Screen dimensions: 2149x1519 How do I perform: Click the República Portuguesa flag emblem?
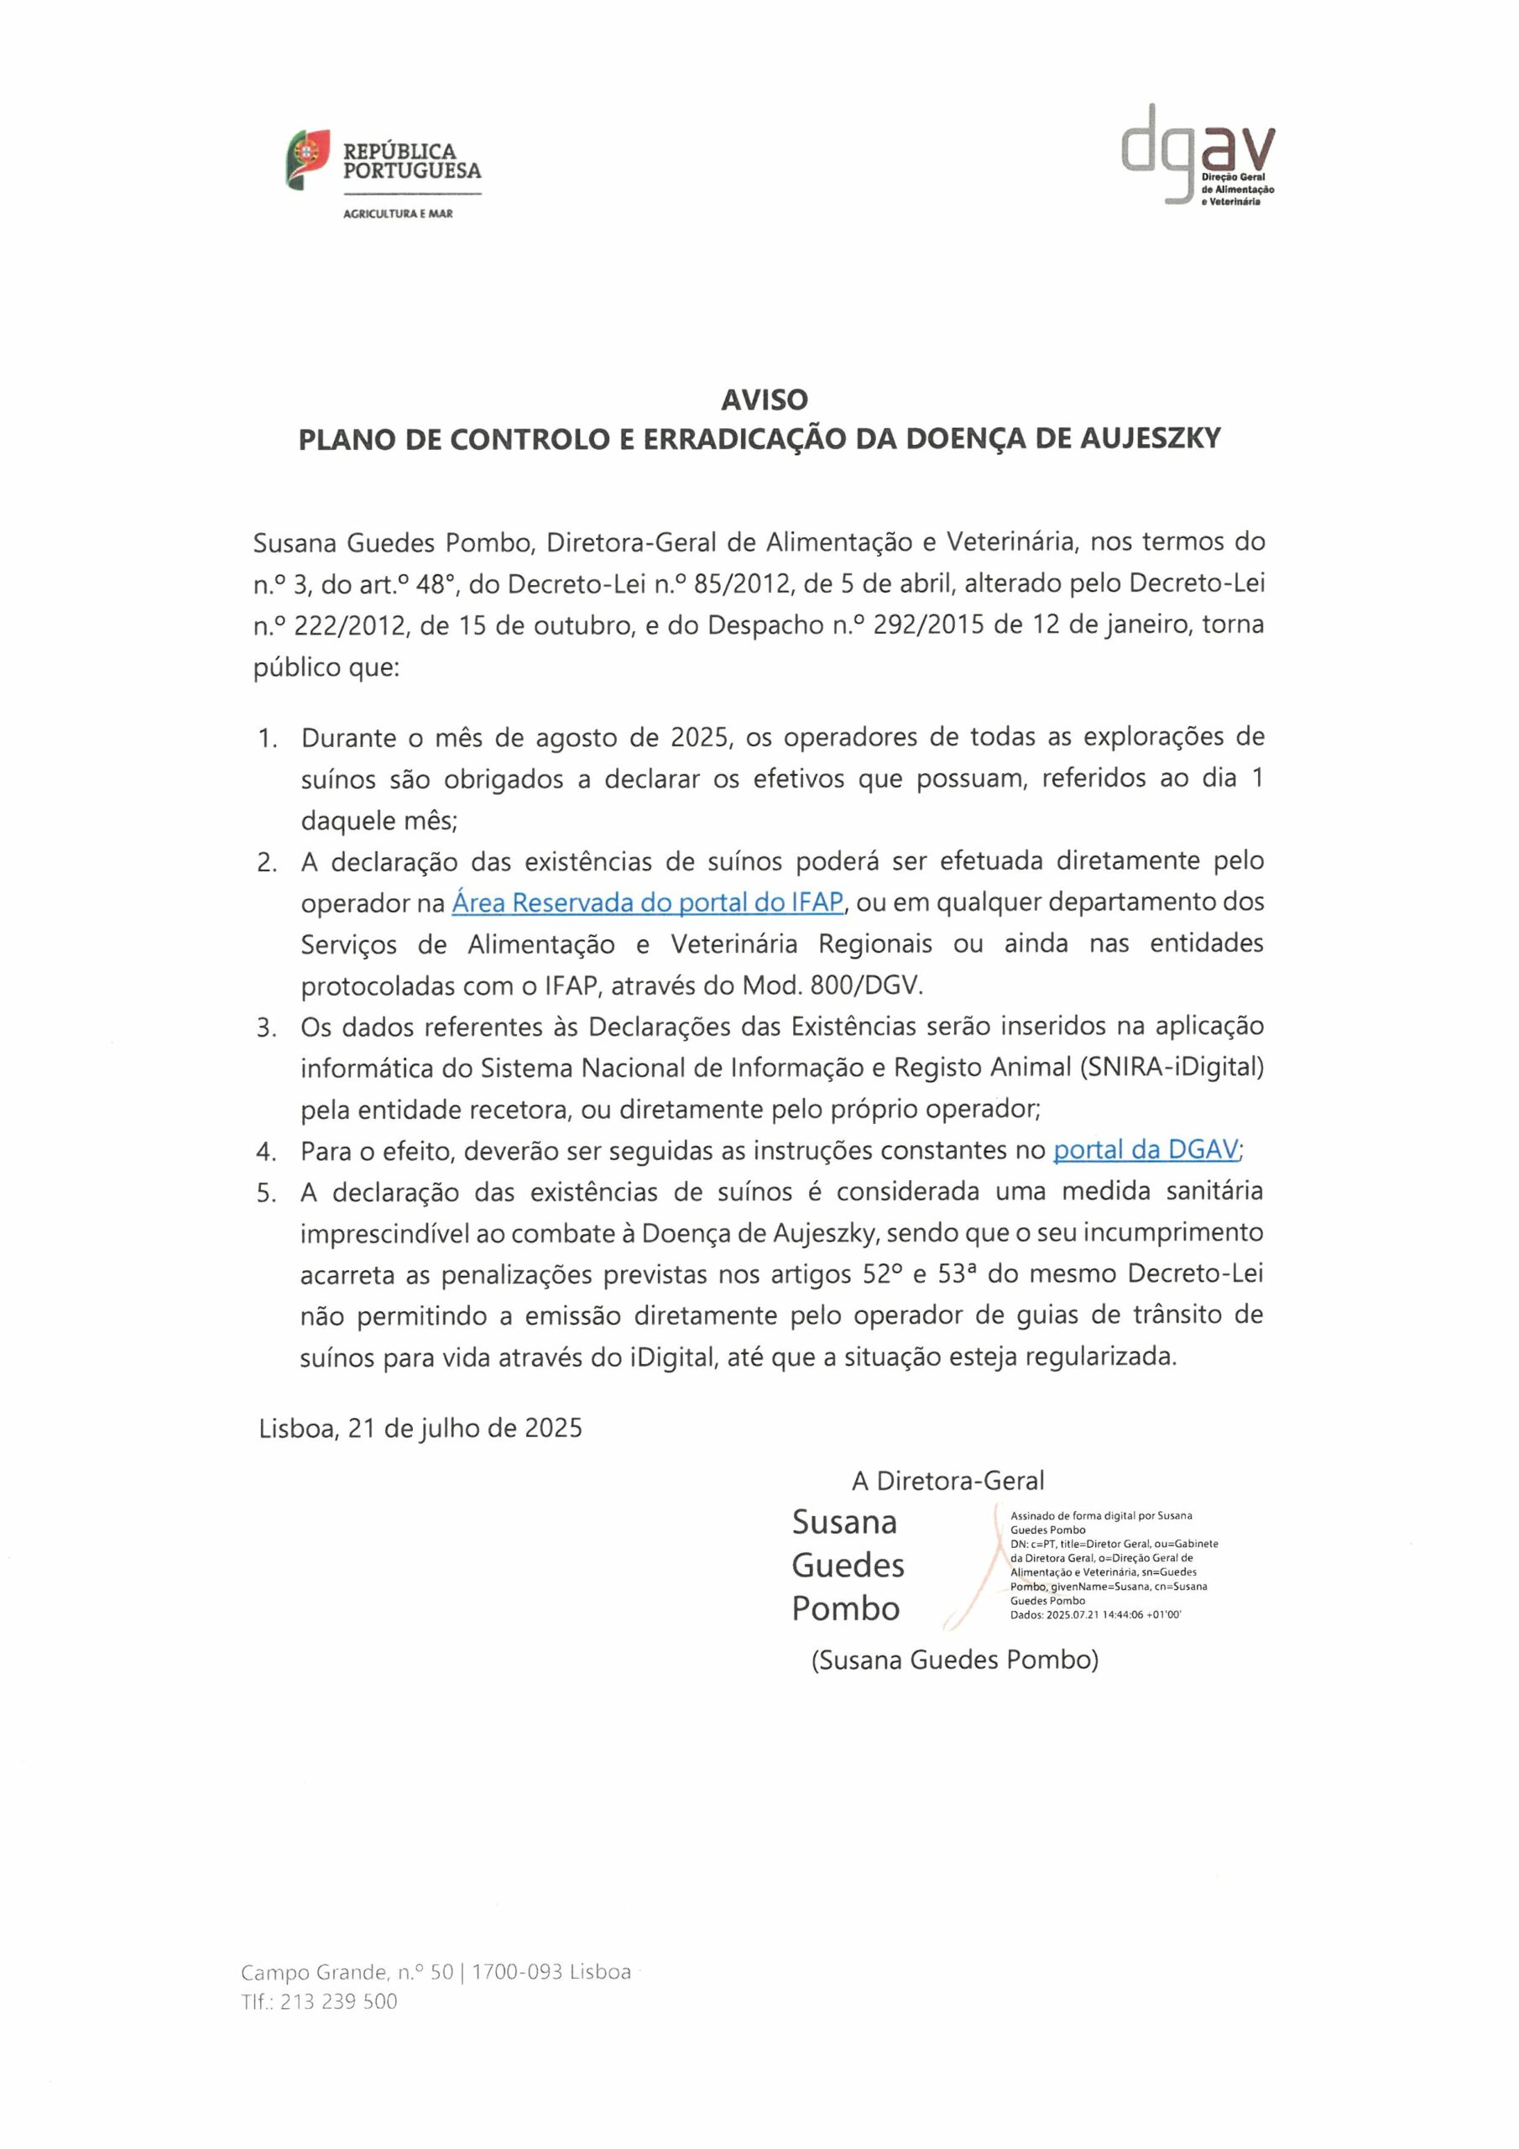tap(308, 159)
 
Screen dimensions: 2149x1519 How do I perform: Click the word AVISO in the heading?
tap(764, 400)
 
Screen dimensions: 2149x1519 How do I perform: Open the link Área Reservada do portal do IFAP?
tap(648, 902)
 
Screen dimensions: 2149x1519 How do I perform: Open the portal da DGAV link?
tap(1146, 1150)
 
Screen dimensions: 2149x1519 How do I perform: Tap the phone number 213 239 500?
tap(339, 2001)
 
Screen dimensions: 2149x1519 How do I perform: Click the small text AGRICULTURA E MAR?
tap(398, 214)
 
